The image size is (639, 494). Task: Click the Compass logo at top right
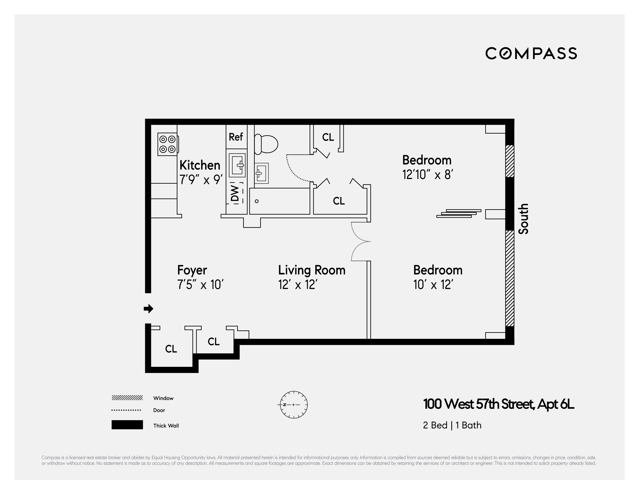tap(531, 53)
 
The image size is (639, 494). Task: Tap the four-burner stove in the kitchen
tap(168, 144)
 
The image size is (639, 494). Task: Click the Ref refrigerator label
tap(236, 137)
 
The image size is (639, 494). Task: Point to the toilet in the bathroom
tap(266, 144)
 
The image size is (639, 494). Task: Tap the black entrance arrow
tap(149, 308)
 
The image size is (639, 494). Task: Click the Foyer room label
tap(192, 270)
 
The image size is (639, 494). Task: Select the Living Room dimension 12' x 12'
tap(298, 285)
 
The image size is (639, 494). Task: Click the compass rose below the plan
tap(294, 405)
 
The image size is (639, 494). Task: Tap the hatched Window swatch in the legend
tap(127, 398)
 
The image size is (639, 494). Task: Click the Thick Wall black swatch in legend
tap(127, 425)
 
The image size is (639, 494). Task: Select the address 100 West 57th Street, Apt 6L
tap(498, 404)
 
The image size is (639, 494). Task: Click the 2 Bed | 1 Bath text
tap(452, 425)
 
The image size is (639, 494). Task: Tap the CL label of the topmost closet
tap(328, 137)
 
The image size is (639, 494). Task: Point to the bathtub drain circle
tap(257, 201)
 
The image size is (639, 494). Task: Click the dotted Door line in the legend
tap(126, 410)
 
